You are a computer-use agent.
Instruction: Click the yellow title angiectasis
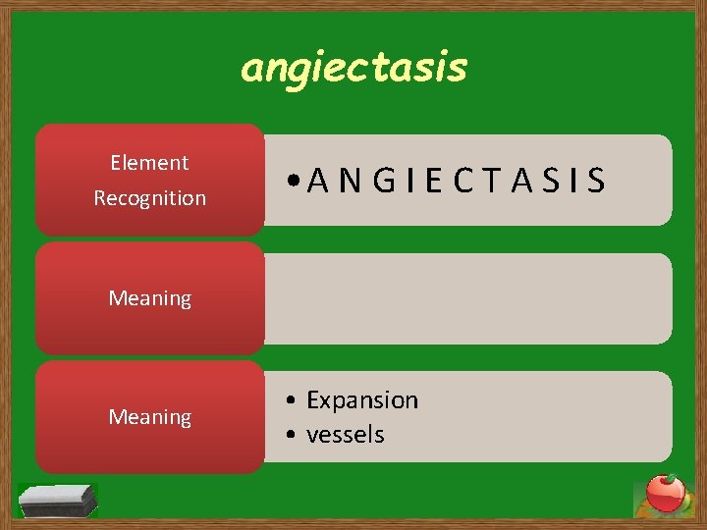(x=354, y=69)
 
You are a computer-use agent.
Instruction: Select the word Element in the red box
(x=149, y=163)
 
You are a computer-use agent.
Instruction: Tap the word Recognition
(x=149, y=198)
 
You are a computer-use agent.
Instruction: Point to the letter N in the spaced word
(x=349, y=181)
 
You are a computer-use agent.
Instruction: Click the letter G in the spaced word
(x=385, y=181)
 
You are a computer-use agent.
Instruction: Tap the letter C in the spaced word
(x=466, y=181)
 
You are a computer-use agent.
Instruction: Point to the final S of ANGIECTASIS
(x=596, y=181)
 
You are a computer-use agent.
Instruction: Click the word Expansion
(x=362, y=400)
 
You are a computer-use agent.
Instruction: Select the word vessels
(x=346, y=435)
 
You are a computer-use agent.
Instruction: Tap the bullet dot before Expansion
(x=292, y=401)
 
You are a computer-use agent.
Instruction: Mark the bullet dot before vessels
(x=292, y=436)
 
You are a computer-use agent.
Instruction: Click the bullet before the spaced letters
(x=294, y=182)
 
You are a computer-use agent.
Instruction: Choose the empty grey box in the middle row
(x=467, y=298)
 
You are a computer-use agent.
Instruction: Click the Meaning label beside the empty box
(x=149, y=298)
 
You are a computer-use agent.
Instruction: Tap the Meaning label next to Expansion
(x=149, y=417)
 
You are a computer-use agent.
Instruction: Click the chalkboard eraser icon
(x=59, y=500)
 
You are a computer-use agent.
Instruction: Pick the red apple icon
(x=665, y=494)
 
